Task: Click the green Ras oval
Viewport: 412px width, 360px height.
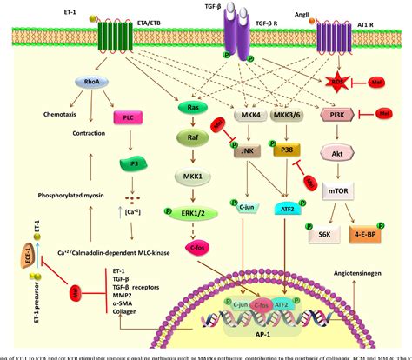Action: [195, 108]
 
